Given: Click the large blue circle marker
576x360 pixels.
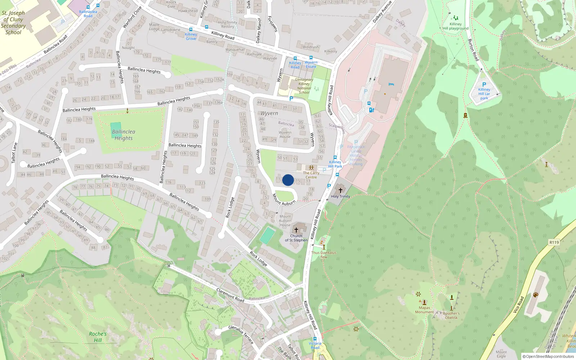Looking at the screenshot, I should tap(288, 180).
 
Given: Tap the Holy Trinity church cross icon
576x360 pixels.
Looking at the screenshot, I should tap(340, 190).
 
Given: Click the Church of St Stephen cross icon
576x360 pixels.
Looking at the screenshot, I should tap(296, 230).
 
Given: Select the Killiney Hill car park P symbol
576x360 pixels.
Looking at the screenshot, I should tap(484, 85).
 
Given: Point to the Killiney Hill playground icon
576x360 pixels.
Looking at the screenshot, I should tap(455, 18).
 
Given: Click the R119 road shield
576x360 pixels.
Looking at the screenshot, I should tap(554, 242).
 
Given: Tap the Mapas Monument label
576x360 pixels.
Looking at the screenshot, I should tap(424, 310).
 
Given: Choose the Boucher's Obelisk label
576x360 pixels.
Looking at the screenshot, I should tap(451, 315).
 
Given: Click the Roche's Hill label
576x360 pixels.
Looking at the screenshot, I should tap(98, 337).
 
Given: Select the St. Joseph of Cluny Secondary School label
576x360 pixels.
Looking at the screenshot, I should tap(13, 23).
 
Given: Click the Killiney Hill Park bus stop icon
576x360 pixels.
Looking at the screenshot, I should tap(335, 157).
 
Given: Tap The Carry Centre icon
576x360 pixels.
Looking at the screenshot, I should tap(311, 168).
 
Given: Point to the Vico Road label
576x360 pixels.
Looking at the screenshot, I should tap(518, 305).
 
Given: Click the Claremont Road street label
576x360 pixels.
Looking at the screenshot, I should tap(230, 295).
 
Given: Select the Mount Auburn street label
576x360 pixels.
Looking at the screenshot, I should tap(284, 200).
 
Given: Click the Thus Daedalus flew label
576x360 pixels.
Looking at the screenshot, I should tap(324, 255).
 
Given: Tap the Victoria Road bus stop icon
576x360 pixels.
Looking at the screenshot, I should tap(315, 339).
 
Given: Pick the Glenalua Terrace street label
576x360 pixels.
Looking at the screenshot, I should tap(241, 334).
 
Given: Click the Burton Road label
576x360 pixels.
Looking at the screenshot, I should tap(473, 50).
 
